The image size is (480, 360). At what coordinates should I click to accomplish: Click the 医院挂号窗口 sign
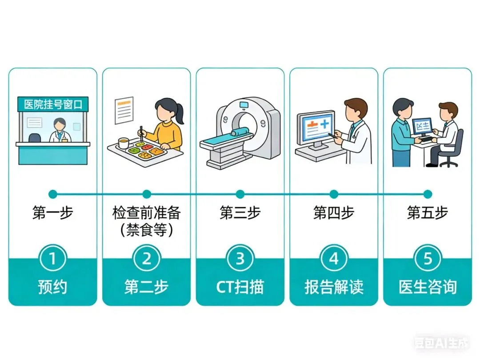coord(53,104)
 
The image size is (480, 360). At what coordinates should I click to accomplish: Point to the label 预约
coord(52,287)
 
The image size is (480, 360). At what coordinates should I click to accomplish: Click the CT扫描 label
coord(240,287)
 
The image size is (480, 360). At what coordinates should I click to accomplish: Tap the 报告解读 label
coord(334,287)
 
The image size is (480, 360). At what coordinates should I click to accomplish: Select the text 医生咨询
coord(428,287)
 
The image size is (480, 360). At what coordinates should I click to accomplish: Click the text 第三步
coord(240,212)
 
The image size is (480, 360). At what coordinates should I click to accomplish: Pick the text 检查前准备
coord(147,212)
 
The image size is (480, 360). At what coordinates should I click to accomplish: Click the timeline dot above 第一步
coord(53,194)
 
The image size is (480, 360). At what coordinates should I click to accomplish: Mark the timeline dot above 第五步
coord(428,194)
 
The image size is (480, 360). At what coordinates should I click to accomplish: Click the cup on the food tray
coord(123,143)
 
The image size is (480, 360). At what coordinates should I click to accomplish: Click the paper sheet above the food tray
coord(124,110)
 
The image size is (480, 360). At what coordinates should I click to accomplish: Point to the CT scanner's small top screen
coord(244,105)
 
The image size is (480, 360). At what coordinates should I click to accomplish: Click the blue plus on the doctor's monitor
coord(324,124)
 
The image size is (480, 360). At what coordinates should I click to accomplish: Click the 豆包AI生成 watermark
coord(442,343)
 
